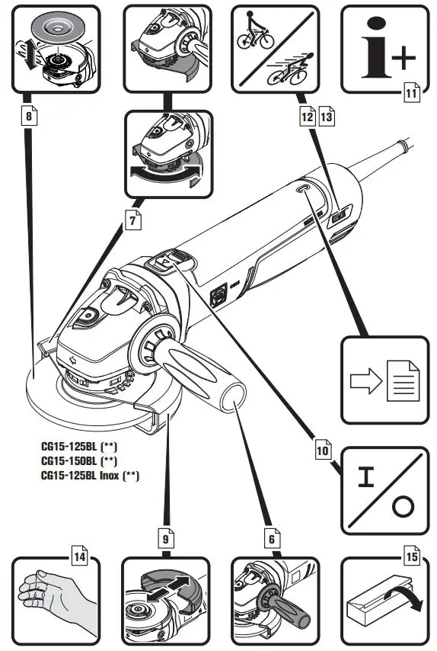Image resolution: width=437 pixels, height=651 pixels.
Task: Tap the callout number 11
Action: click(x=410, y=94)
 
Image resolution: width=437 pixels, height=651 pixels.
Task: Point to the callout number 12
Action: click(x=308, y=117)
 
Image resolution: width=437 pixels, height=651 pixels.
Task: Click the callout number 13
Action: click(x=327, y=117)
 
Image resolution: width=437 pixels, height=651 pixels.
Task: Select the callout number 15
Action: click(x=412, y=556)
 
